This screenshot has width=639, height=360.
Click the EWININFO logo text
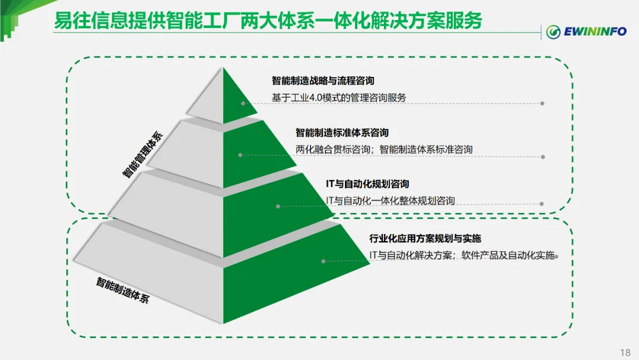595,31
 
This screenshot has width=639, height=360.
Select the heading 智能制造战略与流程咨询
323,81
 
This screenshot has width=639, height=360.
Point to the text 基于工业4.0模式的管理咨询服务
339,98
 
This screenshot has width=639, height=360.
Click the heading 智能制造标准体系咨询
342,133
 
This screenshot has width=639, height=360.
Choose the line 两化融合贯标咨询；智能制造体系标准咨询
384,149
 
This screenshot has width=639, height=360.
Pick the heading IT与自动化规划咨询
367,184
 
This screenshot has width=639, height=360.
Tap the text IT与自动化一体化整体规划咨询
390,201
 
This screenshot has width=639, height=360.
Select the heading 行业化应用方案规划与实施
425,239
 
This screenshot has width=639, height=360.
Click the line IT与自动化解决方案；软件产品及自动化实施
462,255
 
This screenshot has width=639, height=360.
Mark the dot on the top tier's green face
243,103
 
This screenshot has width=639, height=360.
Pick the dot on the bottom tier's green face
324,261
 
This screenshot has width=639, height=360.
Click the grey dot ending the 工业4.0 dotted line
542,103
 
